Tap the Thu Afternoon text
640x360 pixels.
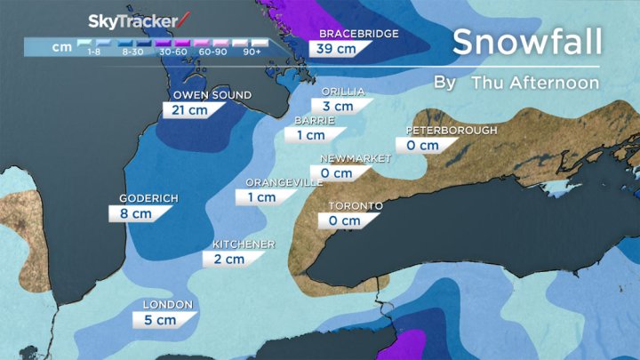coord(535,83)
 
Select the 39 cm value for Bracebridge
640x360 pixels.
coord(337,49)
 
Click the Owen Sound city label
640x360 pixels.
coord(212,95)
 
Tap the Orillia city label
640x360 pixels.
coord(342,91)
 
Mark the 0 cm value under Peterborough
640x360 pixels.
coord(422,146)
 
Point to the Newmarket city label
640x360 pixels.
coord(356,158)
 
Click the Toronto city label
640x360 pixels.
coord(356,206)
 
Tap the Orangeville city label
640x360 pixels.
coord(284,182)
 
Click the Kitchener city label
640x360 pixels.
coord(244,244)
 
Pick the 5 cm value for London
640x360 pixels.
coord(161,321)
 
